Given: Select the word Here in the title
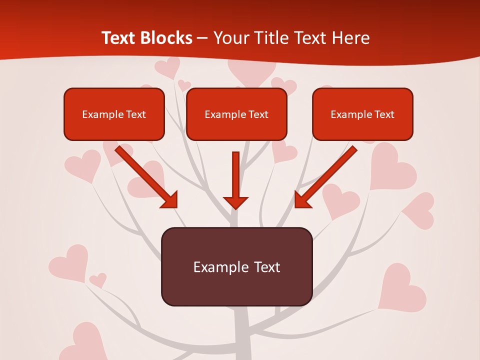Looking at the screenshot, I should tap(351, 38).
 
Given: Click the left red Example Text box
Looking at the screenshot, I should tap(114, 114).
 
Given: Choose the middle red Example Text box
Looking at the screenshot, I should tap(236, 114).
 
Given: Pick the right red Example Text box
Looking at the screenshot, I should tap(362, 114).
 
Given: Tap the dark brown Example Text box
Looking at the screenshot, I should tap(236, 266).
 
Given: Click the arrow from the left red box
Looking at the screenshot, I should tap(147, 177).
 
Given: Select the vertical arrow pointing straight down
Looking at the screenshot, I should tap(235, 180).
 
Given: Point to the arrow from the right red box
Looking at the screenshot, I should tap(325, 177).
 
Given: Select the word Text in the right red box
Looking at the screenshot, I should tap(384, 114).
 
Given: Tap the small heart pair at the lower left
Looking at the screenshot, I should tap(98, 279).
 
